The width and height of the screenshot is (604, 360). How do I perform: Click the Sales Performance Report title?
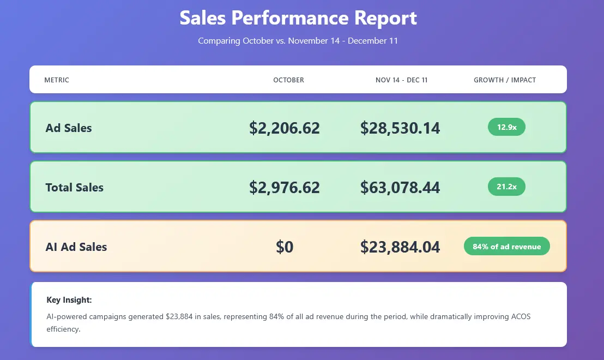(298, 18)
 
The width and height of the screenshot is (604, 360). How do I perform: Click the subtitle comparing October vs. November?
(298, 41)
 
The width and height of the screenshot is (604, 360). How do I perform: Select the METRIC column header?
(57, 80)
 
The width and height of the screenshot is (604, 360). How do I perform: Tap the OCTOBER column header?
(288, 80)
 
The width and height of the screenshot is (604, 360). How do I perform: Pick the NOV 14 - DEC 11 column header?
(401, 80)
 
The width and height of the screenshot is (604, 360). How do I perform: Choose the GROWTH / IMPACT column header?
(505, 80)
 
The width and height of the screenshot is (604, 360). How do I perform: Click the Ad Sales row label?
(69, 128)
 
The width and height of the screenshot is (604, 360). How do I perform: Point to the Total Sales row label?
(74, 188)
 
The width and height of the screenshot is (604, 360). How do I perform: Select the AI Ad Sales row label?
(76, 247)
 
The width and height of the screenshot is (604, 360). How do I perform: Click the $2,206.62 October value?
(285, 128)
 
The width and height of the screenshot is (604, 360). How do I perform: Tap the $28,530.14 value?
(400, 128)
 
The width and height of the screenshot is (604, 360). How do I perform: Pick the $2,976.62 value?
(285, 188)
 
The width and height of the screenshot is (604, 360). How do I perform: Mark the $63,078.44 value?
(400, 188)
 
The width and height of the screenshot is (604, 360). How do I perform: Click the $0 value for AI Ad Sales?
(285, 247)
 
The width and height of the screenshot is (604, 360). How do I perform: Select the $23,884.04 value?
(400, 247)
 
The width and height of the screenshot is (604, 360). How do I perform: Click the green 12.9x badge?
(506, 127)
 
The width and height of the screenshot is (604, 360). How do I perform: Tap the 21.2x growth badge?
(506, 187)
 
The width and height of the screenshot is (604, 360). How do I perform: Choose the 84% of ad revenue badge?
(506, 247)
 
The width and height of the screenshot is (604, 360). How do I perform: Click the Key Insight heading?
(69, 300)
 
